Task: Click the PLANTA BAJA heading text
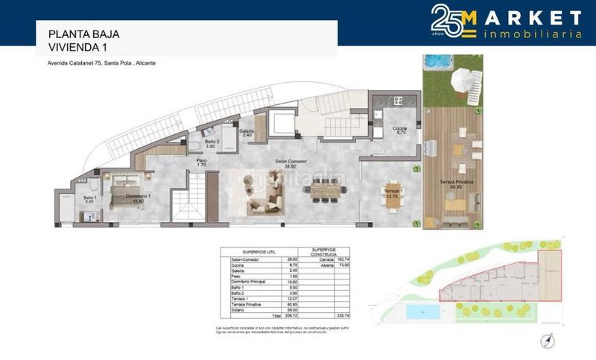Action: tap(83, 34)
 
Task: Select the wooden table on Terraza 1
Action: tap(390, 194)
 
